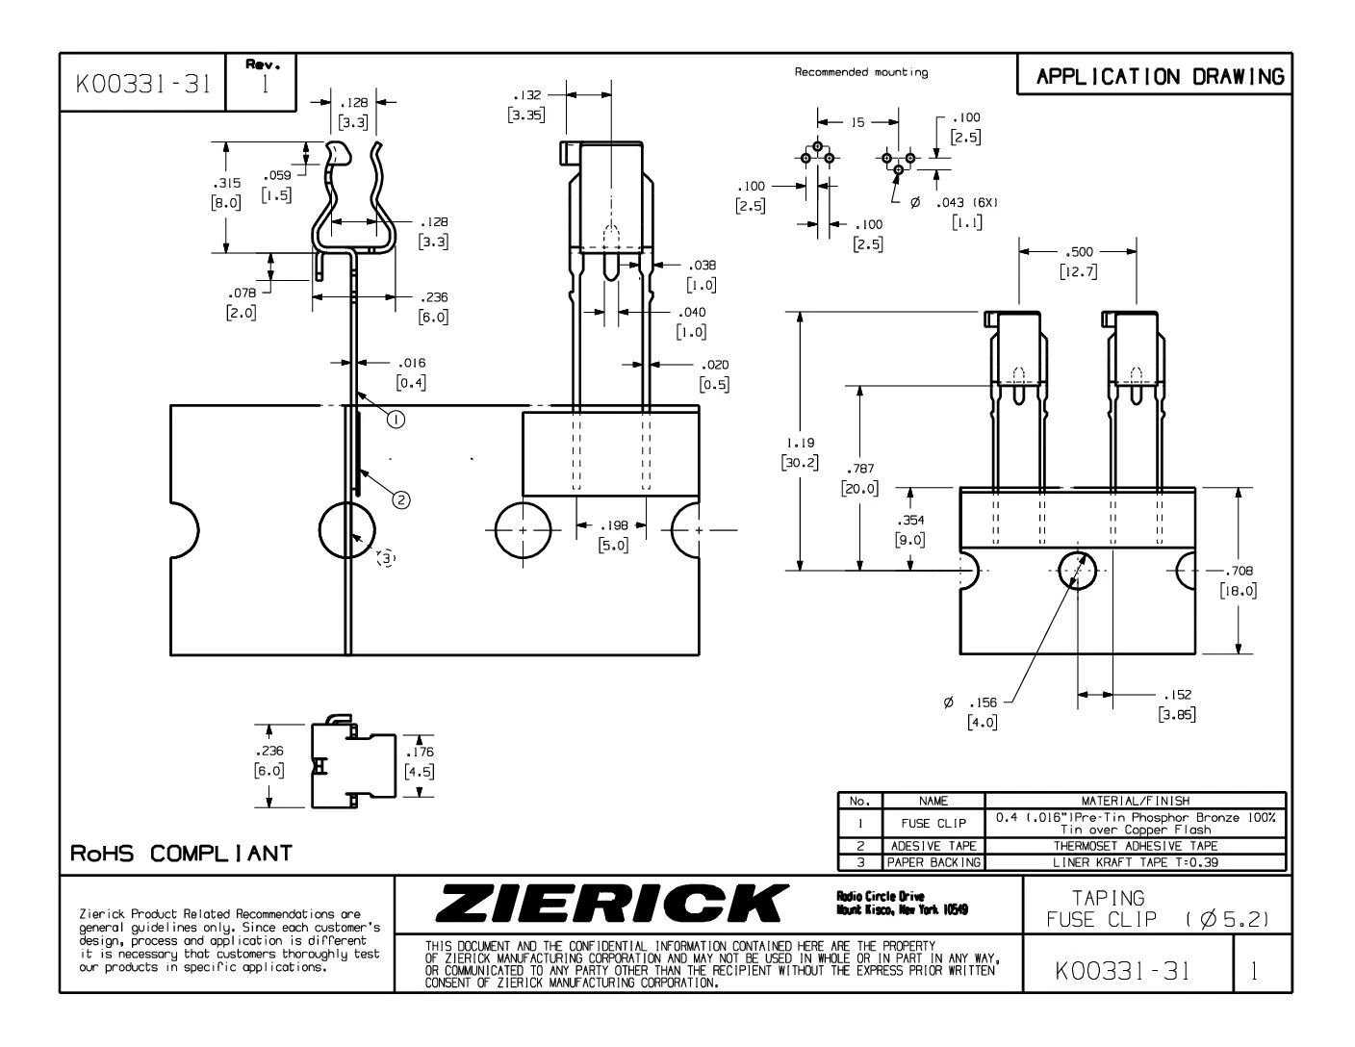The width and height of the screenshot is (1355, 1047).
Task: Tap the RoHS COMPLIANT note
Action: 180,854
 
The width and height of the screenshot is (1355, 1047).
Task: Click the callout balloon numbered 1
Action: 396,418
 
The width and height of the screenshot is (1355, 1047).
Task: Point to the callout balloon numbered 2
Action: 401,498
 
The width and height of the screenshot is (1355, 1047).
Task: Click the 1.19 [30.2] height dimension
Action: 801,452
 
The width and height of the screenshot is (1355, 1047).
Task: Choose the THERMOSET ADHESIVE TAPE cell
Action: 1136,846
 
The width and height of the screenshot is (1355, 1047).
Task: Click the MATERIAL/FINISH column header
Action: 1136,800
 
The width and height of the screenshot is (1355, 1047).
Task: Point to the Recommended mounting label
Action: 861,72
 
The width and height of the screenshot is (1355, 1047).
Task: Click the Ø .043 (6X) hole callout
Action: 958,212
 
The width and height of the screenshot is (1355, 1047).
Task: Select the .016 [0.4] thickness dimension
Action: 411,372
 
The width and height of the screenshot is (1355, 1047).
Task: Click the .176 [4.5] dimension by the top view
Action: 420,762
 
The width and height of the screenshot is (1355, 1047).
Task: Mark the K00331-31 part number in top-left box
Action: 142,84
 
